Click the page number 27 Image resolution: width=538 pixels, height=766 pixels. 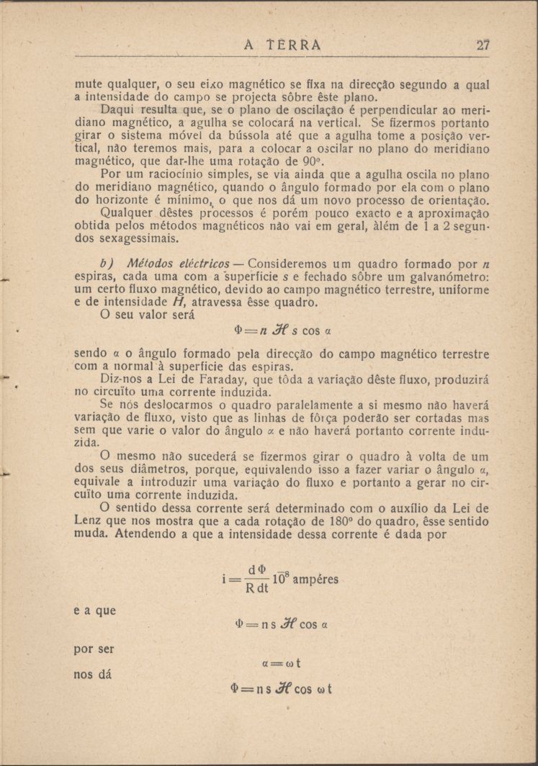483,45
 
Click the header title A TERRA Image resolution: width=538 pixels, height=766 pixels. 282,45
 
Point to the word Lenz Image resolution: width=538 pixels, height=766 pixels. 89,522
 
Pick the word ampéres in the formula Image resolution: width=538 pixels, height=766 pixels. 314,580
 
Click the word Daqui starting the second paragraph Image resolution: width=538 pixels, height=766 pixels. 117,109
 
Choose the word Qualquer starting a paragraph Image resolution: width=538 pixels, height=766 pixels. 127,213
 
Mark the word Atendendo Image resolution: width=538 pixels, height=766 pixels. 149,535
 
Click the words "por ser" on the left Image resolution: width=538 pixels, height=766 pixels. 94,649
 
